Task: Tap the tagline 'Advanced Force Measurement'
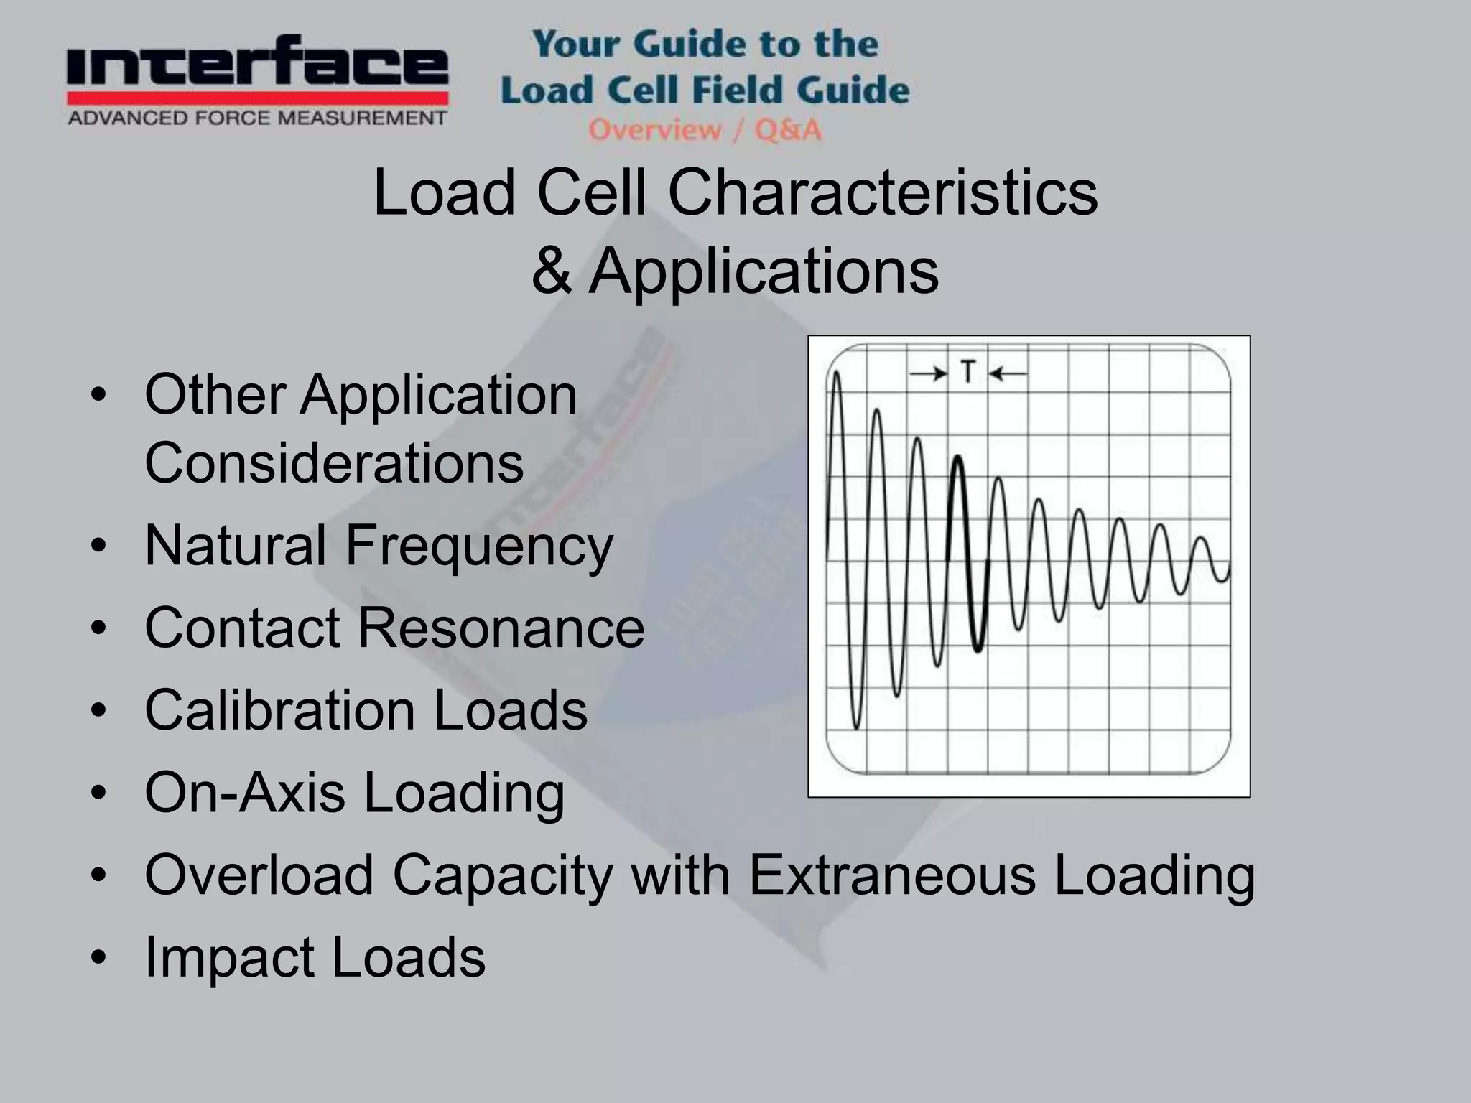(257, 118)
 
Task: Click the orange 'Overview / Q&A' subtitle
(705, 130)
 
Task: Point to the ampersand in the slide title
(552, 271)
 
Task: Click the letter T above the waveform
(968, 373)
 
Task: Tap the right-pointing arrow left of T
(929, 373)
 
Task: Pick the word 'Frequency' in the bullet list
(479, 545)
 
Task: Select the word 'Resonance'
(501, 628)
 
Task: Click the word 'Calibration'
(279, 710)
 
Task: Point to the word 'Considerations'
(334, 462)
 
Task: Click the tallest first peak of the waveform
(836, 373)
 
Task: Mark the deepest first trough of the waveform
(856, 727)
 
